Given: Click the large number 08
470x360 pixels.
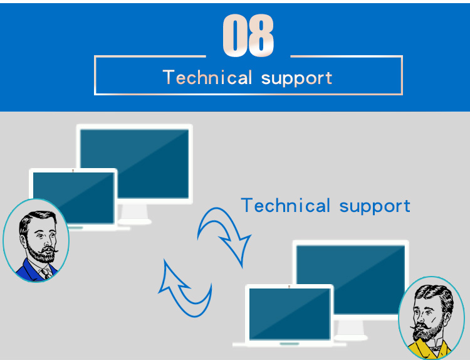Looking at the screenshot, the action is tap(248, 35).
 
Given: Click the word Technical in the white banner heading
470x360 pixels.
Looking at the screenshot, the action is tap(207, 77).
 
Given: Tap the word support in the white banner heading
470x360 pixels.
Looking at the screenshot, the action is tap(297, 79).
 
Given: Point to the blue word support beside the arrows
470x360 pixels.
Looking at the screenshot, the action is tap(375, 207).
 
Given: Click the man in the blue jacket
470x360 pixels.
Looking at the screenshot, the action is tap(36, 240).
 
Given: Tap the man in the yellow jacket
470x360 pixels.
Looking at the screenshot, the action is tap(431, 318).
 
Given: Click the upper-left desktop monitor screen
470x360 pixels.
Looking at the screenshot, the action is tap(135, 164).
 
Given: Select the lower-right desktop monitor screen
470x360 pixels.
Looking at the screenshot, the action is tap(351, 280).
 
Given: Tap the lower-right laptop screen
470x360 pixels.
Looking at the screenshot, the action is tap(290, 314).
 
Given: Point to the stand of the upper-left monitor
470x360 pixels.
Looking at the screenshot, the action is tap(135, 214).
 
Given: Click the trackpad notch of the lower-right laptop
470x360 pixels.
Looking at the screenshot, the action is tap(290, 344).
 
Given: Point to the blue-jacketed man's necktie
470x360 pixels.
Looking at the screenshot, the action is tap(46, 273).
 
